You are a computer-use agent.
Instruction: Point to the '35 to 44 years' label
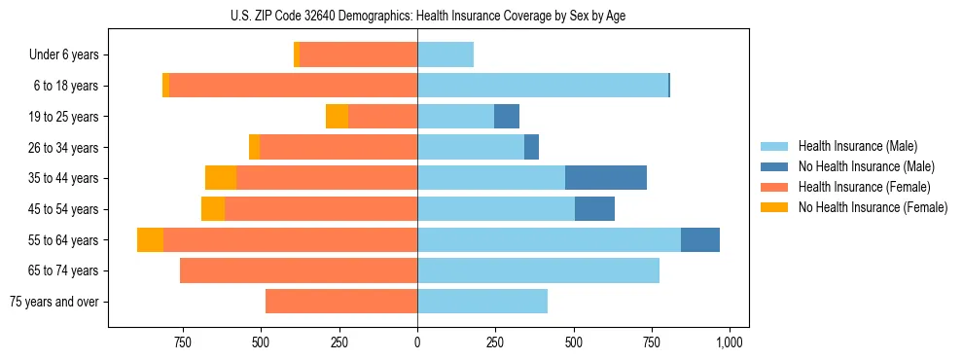coord(64,178)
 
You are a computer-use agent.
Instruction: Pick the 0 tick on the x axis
coord(417,342)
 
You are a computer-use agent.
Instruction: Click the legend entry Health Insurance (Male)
coord(857,146)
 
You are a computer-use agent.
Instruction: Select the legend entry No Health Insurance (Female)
coord(873,207)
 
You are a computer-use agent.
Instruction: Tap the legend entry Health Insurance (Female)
coord(864,187)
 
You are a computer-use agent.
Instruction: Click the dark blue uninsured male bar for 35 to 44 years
coord(606,178)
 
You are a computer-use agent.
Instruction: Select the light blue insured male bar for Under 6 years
coord(446,55)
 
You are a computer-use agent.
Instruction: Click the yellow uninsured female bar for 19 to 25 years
coord(337,117)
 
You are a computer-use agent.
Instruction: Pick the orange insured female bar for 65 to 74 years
coord(299,270)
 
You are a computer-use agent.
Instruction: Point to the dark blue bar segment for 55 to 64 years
coord(700,239)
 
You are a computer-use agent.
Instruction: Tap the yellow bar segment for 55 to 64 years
coord(150,239)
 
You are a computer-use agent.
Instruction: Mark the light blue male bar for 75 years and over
coord(482,302)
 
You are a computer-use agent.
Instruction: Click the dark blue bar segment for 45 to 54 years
coord(594,209)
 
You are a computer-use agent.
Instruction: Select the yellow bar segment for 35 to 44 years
coord(221,178)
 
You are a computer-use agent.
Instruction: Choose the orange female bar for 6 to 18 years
coord(293,86)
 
